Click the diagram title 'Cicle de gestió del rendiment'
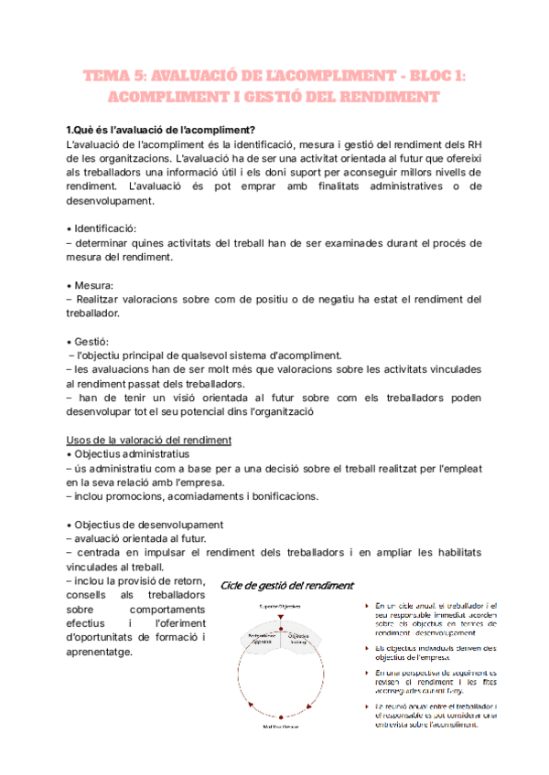pyautogui.click(x=287, y=585)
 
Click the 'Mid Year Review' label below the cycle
pyautogui.click(x=282, y=727)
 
